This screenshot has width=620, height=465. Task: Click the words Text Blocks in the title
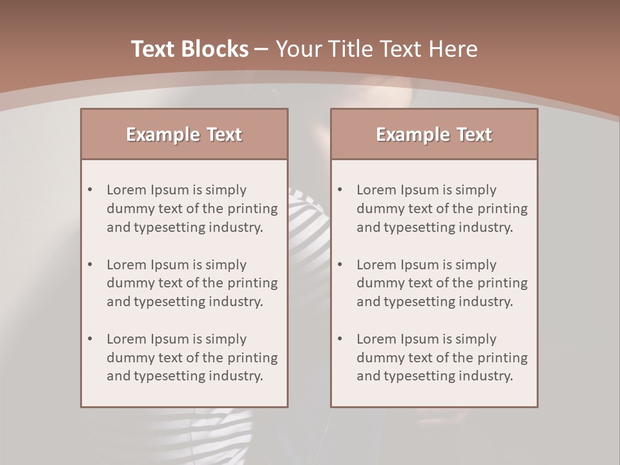point(189,49)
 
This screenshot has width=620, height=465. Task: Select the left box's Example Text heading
point(184,134)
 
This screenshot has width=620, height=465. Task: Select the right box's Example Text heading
point(434,134)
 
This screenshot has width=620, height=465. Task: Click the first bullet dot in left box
point(90,190)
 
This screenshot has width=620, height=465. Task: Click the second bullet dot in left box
point(90,265)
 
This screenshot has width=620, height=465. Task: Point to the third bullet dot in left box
point(90,339)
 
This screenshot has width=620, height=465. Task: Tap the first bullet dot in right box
point(340,190)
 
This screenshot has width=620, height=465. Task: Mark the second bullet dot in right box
point(340,265)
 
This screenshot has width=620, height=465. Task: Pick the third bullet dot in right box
point(340,339)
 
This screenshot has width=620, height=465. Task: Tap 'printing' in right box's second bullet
point(502,284)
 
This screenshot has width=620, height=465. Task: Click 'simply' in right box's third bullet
point(476,339)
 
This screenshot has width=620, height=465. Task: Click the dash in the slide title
point(262,49)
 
